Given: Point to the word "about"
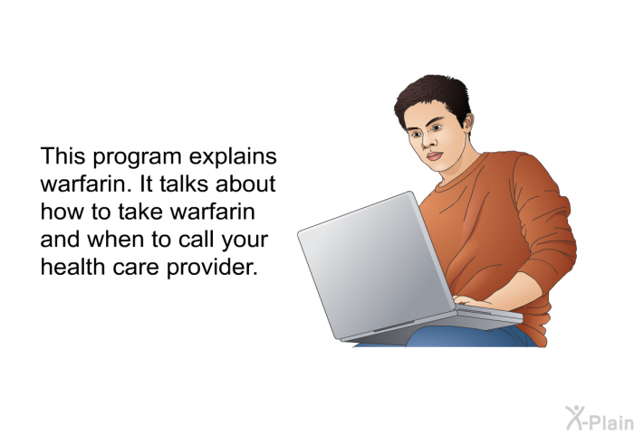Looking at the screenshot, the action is (x=245, y=184).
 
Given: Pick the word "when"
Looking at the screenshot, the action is (x=116, y=240).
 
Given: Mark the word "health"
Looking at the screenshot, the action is (x=72, y=267).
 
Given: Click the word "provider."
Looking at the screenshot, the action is (x=212, y=269).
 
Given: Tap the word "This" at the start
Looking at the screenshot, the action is (x=62, y=156).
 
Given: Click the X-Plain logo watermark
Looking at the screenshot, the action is (x=600, y=419).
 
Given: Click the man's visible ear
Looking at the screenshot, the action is (x=467, y=124).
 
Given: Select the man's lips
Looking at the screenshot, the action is (x=434, y=156).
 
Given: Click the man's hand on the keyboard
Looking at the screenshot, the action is (x=472, y=301).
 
